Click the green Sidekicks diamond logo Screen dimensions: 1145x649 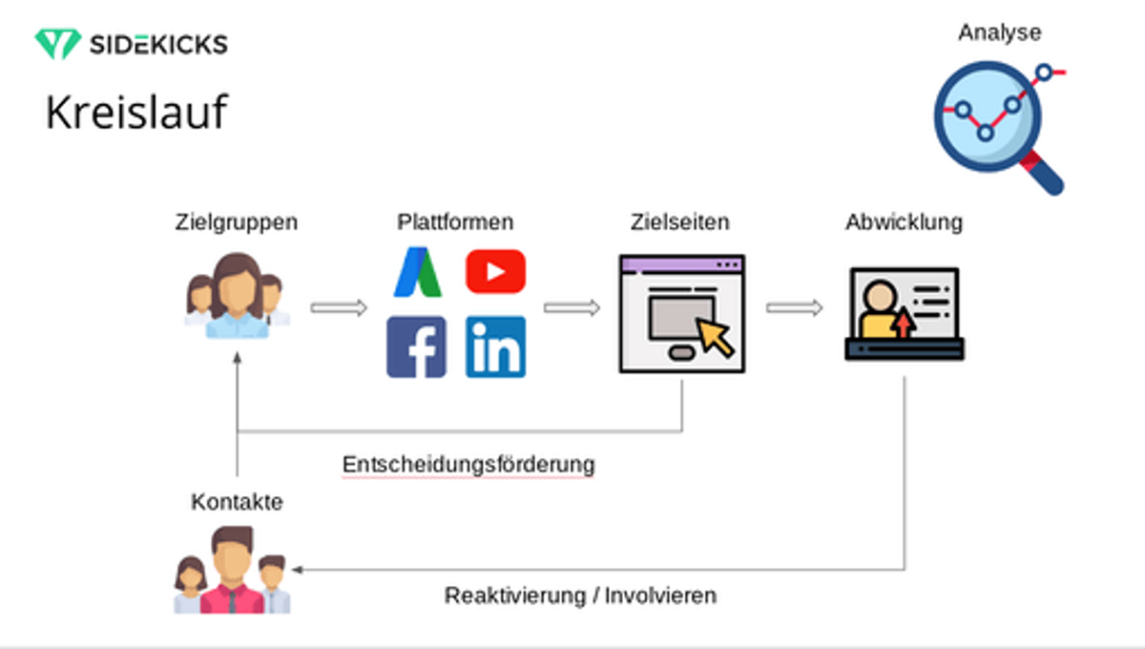click(x=58, y=44)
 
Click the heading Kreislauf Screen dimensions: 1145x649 click(x=136, y=112)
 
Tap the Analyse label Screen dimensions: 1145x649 click(x=1000, y=32)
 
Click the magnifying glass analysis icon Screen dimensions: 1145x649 click(x=999, y=128)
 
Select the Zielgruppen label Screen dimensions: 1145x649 click(x=237, y=222)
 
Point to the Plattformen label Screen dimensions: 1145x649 click(x=455, y=222)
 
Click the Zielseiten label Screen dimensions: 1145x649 click(x=679, y=222)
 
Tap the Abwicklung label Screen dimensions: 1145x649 click(x=904, y=222)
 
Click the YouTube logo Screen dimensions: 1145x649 click(x=495, y=272)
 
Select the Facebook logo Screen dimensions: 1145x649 click(x=416, y=346)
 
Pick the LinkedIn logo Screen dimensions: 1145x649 click(x=495, y=346)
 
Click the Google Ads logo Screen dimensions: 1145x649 click(x=418, y=272)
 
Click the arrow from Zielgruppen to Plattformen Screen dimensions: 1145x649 click(x=339, y=307)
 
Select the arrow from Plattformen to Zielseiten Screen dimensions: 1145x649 click(x=572, y=307)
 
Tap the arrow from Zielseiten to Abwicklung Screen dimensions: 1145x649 click(x=794, y=307)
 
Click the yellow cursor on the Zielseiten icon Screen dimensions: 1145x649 click(x=715, y=337)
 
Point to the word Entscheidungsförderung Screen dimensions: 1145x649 click(x=468, y=465)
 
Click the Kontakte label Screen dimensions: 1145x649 click(x=237, y=502)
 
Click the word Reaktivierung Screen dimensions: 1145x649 click(x=514, y=596)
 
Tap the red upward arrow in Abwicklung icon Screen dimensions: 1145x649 click(x=904, y=324)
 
